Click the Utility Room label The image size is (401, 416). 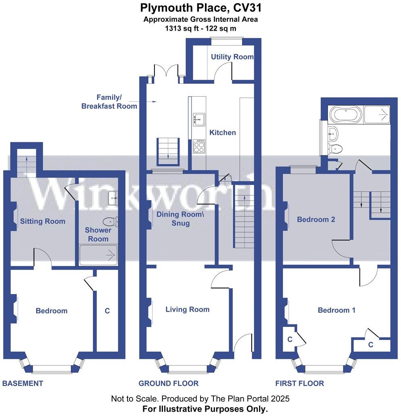click(x=232, y=57)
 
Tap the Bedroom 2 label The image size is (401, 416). click(x=316, y=220)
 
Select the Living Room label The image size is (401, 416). click(x=187, y=310)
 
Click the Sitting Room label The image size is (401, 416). click(x=42, y=221)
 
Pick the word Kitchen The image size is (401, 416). click(x=223, y=133)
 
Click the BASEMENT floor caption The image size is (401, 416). click(x=23, y=383)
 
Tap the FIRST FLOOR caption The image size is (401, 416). click(x=299, y=383)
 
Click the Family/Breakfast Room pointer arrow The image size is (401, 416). click(x=152, y=102)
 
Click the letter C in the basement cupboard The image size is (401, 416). click(x=107, y=311)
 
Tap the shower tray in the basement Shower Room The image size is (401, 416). click(x=98, y=255)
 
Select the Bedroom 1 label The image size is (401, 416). click(x=336, y=310)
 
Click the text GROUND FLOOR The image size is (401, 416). click(x=169, y=383)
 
